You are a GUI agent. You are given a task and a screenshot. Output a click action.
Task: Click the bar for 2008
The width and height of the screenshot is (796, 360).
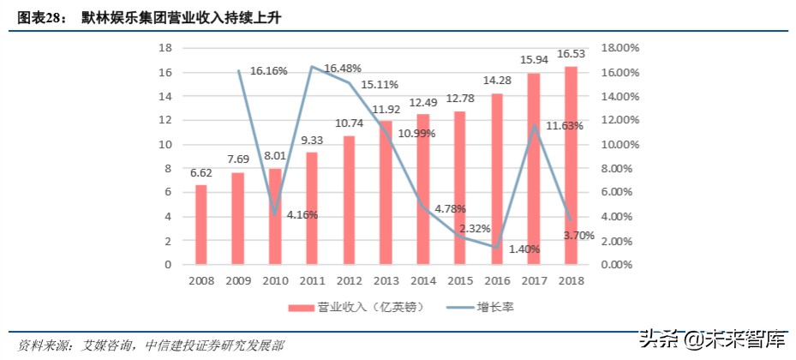point(201,225)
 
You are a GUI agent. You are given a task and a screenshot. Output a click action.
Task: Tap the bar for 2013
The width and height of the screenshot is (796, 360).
point(386,193)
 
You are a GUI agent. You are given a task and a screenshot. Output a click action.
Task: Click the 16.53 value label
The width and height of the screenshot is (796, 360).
point(572,54)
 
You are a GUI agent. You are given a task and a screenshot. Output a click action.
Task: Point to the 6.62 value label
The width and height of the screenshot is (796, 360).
point(200,172)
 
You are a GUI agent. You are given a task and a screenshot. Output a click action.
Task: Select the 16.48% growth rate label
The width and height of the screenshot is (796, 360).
point(341,68)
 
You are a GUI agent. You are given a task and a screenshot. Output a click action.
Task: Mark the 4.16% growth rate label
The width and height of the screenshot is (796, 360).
point(302,214)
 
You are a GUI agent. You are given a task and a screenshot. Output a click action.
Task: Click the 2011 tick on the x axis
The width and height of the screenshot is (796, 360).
point(312,280)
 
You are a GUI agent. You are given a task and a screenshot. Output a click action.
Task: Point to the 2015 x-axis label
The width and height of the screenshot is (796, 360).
point(460,280)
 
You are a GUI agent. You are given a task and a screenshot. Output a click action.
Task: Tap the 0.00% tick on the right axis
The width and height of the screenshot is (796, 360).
point(619,265)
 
